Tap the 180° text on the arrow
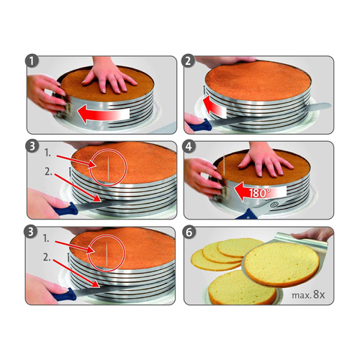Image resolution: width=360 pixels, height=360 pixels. (257, 194)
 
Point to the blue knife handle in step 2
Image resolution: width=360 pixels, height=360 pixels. (195, 125)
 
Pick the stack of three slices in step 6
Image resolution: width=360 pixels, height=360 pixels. (217, 253)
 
